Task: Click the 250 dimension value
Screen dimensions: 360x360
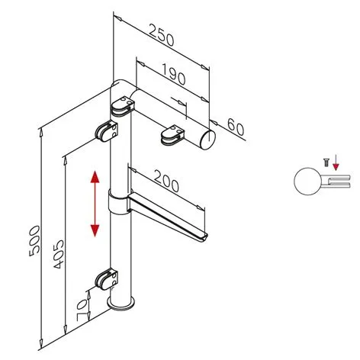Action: point(161,35)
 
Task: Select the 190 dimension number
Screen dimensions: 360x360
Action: point(174,74)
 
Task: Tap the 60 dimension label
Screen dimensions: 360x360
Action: point(236,127)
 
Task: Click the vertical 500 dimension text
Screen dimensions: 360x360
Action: point(34,241)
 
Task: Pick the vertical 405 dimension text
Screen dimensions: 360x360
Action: point(59,254)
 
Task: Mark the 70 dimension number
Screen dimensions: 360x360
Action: point(82,310)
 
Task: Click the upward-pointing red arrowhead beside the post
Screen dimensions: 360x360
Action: point(95,177)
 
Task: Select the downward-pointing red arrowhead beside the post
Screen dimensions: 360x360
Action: point(95,230)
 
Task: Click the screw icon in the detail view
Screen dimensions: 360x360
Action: point(326,162)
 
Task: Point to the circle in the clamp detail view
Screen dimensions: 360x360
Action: point(307,182)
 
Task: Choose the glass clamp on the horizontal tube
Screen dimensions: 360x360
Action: point(172,135)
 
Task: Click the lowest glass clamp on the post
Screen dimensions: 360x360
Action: point(107,279)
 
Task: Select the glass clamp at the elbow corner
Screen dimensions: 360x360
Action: point(122,107)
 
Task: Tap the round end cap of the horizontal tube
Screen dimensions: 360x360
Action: point(208,140)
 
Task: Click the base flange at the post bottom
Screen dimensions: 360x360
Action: point(121,304)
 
